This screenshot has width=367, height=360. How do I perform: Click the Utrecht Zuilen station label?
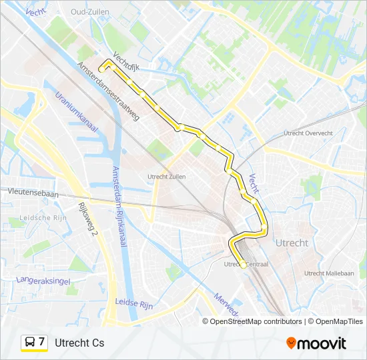[166, 177]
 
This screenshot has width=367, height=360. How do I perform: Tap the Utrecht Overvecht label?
[308, 133]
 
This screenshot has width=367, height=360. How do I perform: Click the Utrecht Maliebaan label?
[329, 273]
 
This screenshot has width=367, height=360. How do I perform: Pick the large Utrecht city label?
[292, 243]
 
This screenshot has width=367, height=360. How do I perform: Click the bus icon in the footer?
[30, 343]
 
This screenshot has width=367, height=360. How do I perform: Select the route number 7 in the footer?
[42, 342]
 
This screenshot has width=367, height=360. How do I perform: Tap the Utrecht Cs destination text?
[79, 343]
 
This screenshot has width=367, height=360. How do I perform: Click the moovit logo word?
[322, 343]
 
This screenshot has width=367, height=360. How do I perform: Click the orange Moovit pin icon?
[291, 343]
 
